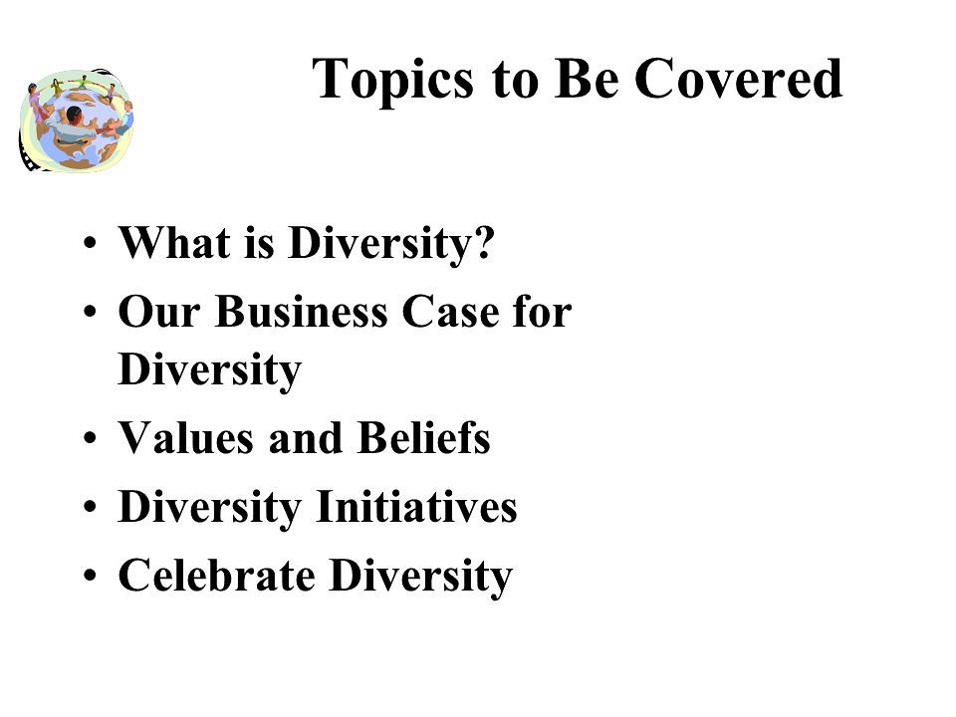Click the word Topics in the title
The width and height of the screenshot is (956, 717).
point(392,80)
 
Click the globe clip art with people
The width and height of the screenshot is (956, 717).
point(77,120)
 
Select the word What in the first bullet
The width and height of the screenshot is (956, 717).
point(174,243)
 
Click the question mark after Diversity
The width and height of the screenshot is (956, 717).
point(484,243)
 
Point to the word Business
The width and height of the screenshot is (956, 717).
point(301,312)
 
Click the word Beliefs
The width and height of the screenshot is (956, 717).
point(424,438)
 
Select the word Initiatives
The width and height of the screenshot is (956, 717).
point(416,507)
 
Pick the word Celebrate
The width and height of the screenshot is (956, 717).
point(216,575)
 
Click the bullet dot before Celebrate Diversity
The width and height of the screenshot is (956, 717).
point(90,576)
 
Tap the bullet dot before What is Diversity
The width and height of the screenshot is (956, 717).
point(90,243)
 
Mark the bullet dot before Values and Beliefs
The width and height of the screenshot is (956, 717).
point(90,438)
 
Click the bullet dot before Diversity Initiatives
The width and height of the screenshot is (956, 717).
point(90,507)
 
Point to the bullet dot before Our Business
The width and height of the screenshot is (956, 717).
point(90,312)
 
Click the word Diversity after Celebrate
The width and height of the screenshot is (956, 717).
point(420,577)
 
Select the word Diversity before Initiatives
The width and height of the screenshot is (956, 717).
point(210,508)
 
